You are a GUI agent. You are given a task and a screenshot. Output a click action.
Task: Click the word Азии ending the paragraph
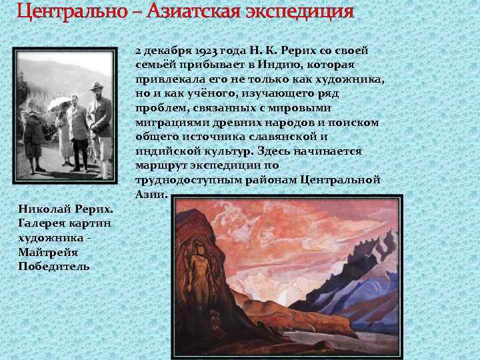coord(149,194)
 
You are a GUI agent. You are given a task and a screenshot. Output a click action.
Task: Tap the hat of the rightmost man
coord(98,86)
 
